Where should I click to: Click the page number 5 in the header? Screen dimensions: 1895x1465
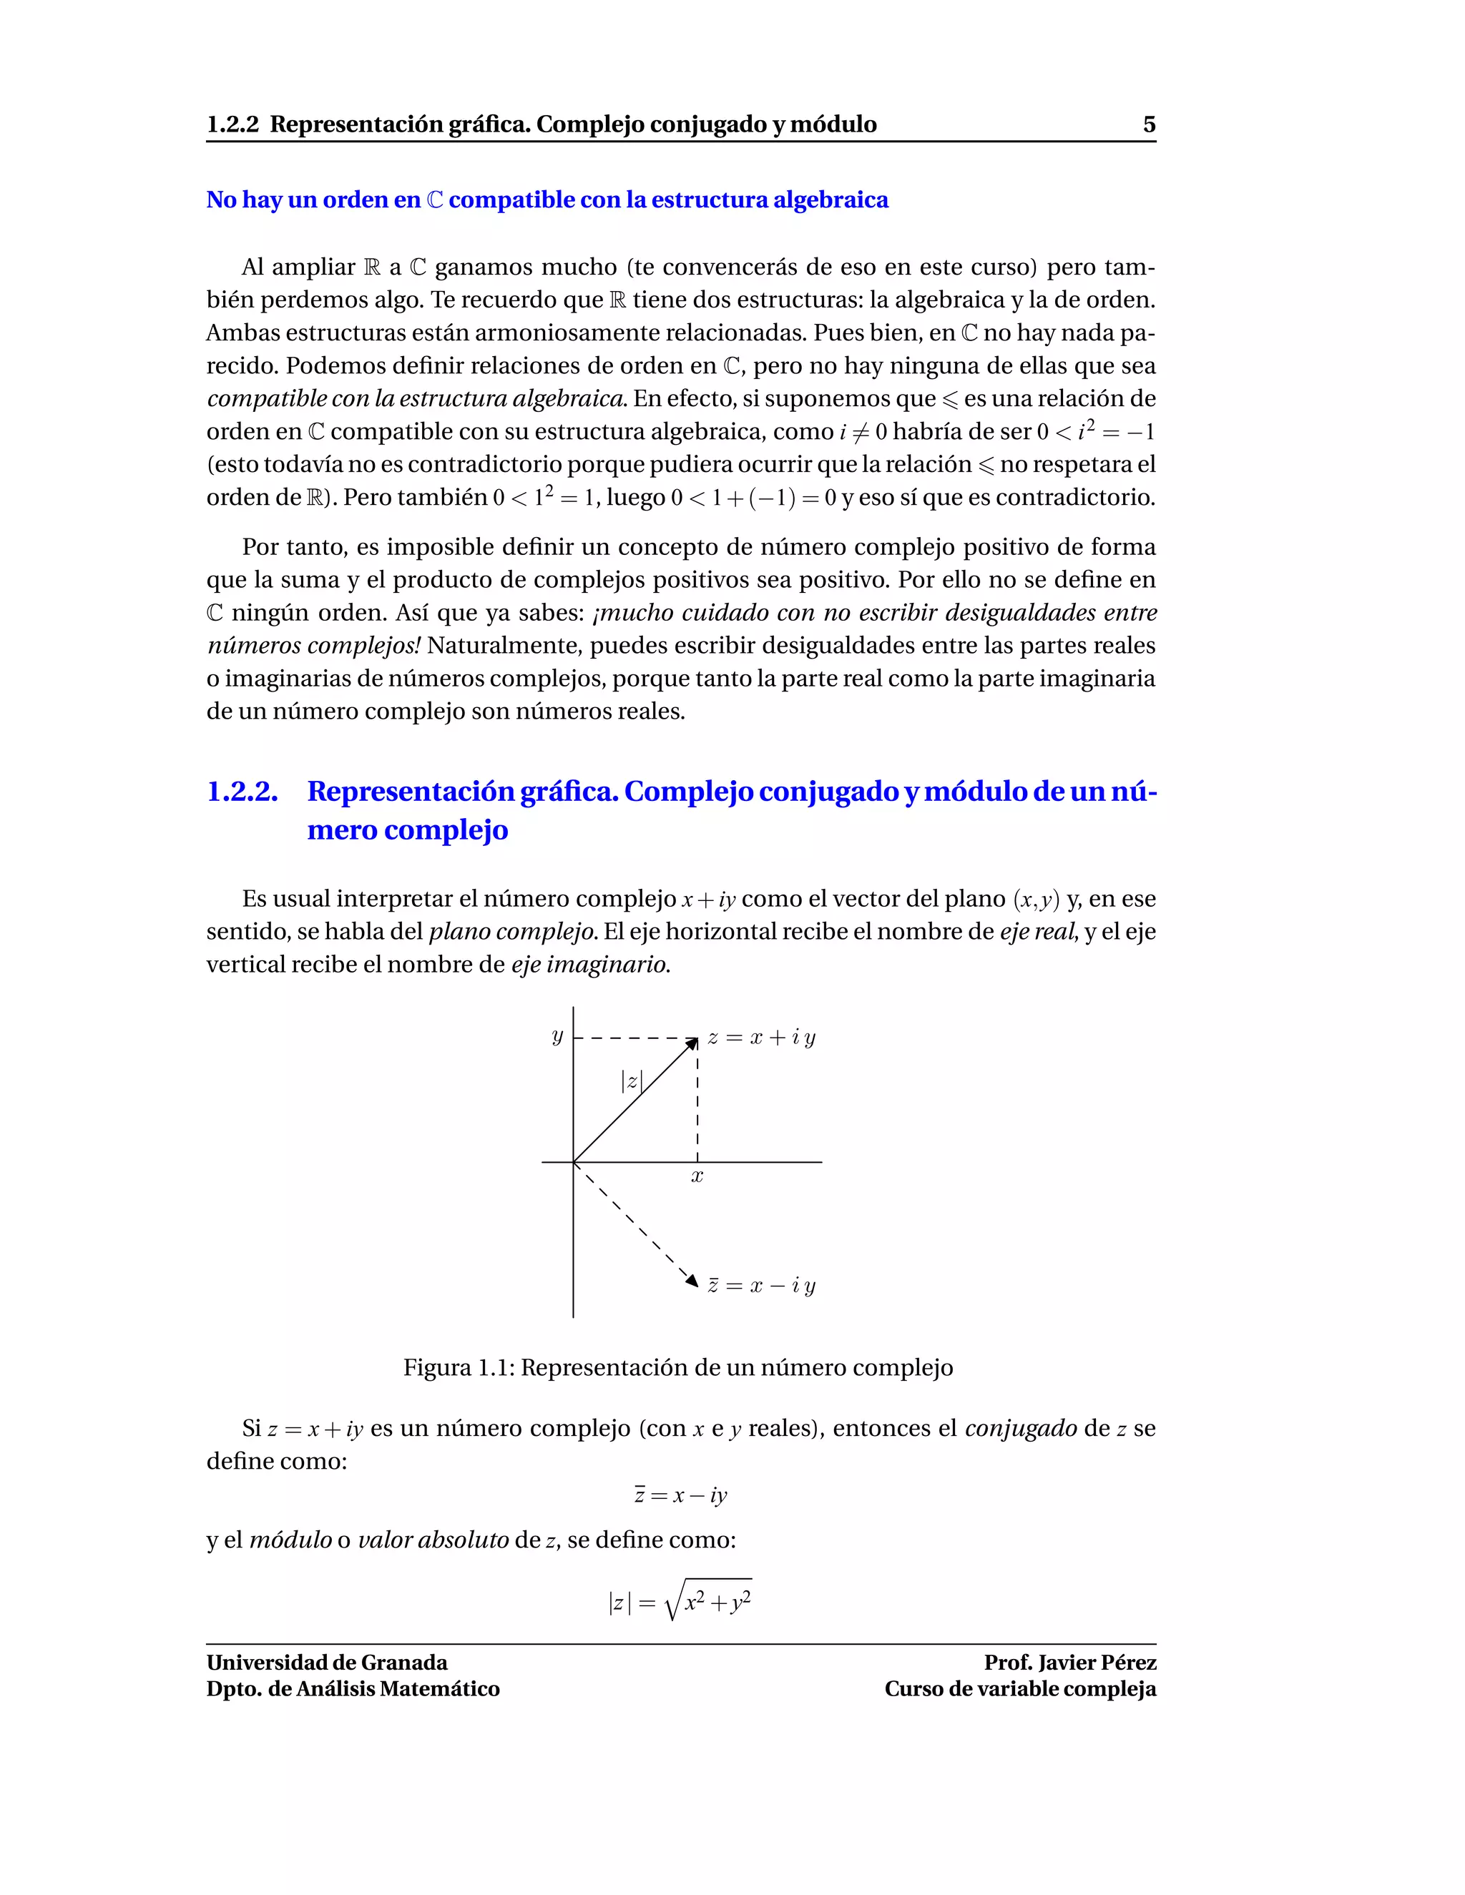(1148, 125)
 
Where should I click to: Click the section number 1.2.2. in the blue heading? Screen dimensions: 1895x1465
(242, 792)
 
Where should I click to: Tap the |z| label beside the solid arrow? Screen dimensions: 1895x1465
(631, 1081)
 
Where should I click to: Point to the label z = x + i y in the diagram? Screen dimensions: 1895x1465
(761, 1038)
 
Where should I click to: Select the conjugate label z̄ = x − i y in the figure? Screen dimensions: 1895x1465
(761, 1286)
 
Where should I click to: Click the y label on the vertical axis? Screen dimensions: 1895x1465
(557, 1036)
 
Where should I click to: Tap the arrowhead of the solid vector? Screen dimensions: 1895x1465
(692, 1042)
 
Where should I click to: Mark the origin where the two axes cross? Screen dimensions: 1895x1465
(573, 1162)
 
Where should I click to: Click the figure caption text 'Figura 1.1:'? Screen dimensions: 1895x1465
(459, 1368)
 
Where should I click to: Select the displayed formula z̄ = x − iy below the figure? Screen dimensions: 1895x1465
(680, 1495)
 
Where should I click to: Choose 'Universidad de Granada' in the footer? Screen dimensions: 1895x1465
(326, 1663)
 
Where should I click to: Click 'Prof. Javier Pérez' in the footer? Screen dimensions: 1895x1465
(1069, 1663)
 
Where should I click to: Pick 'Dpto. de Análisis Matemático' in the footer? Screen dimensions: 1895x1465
(353, 1688)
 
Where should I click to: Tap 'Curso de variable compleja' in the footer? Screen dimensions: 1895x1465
(1020, 1688)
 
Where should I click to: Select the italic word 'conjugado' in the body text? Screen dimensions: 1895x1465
(1021, 1428)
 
